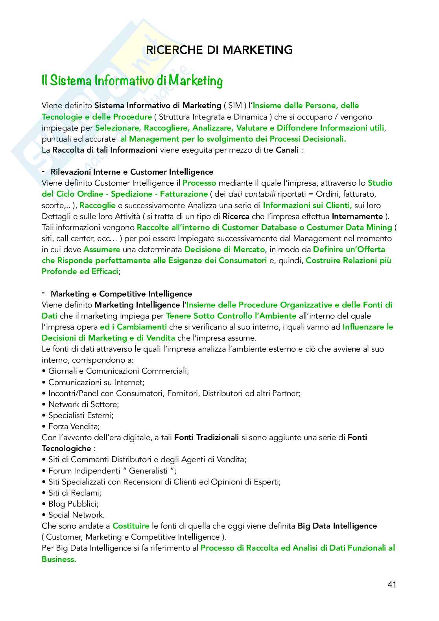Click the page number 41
[x=391, y=584]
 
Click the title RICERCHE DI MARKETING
[x=219, y=50]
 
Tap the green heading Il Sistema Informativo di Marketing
[x=132, y=81]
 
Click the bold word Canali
[x=287, y=150]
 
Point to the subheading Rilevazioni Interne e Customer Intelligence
[x=132, y=172]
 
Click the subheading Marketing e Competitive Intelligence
[x=121, y=294]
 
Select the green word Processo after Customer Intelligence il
[x=199, y=183]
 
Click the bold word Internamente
[x=357, y=216]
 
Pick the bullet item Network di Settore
[x=83, y=404]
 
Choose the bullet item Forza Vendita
[x=74, y=426]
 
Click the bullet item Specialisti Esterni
[x=81, y=415]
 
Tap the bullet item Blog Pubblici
[x=73, y=504]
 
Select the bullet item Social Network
[x=76, y=515]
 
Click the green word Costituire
[x=131, y=526]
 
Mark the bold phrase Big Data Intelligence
[x=337, y=526]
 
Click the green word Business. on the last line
[x=59, y=559]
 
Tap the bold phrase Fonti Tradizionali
[x=207, y=437]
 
